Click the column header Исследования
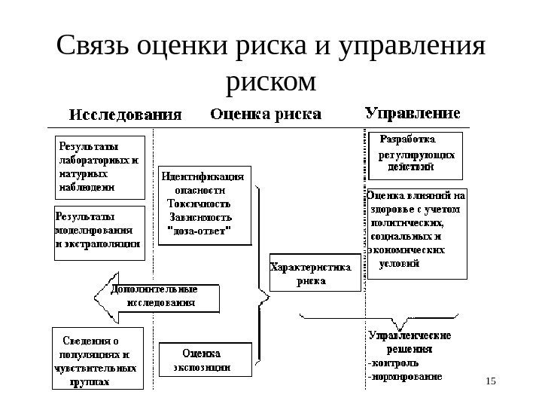[126, 115]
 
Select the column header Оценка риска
[264, 115]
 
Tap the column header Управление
[413, 114]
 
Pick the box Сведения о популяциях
[96, 358]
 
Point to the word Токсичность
[199, 203]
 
